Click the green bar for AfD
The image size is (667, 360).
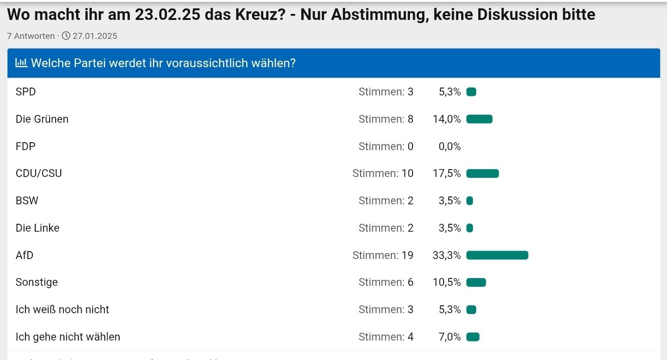click(x=497, y=255)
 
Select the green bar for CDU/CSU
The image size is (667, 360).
click(x=482, y=174)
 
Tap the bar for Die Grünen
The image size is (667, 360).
click(x=479, y=119)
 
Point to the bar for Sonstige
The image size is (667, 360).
click(x=476, y=283)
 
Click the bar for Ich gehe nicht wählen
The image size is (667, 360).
click(x=472, y=337)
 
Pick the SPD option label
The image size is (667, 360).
click(x=25, y=92)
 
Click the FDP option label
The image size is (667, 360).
click(x=25, y=146)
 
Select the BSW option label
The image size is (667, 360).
click(x=27, y=201)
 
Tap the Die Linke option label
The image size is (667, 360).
click(x=38, y=228)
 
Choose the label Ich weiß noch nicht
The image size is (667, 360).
click(x=63, y=309)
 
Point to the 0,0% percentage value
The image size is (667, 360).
click(x=450, y=146)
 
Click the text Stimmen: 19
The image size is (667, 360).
click(x=383, y=255)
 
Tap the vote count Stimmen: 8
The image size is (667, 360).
click(x=386, y=119)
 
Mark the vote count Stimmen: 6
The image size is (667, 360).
click(x=386, y=283)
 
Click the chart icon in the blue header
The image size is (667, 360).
click(x=21, y=63)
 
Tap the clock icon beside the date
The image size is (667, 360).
click(x=66, y=36)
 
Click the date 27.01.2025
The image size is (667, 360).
click(x=95, y=36)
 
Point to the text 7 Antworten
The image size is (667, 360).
click(x=31, y=36)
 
